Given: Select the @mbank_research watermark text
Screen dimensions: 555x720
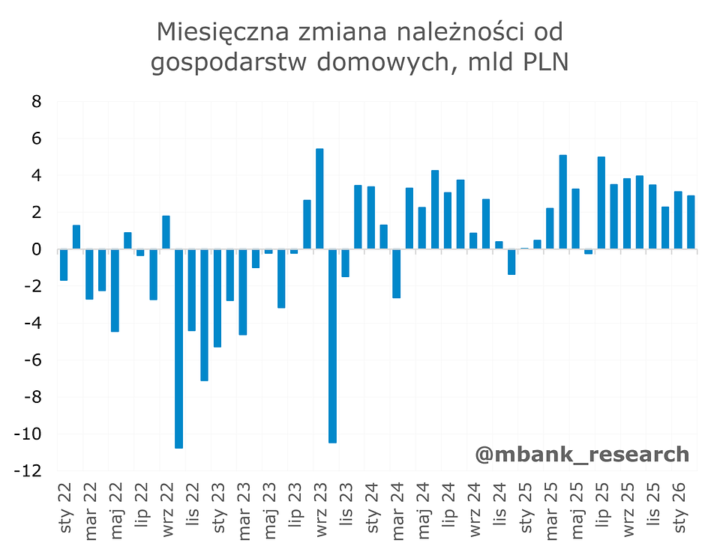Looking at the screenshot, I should (x=581, y=454).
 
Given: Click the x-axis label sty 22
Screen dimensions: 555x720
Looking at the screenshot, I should (x=66, y=509).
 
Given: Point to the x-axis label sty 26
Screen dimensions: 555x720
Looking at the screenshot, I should (x=679, y=509).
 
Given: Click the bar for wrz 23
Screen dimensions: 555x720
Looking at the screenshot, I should (x=319, y=199).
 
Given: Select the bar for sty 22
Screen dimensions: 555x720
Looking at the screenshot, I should (x=64, y=265).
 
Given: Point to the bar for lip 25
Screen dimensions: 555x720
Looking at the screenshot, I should (x=601, y=203).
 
